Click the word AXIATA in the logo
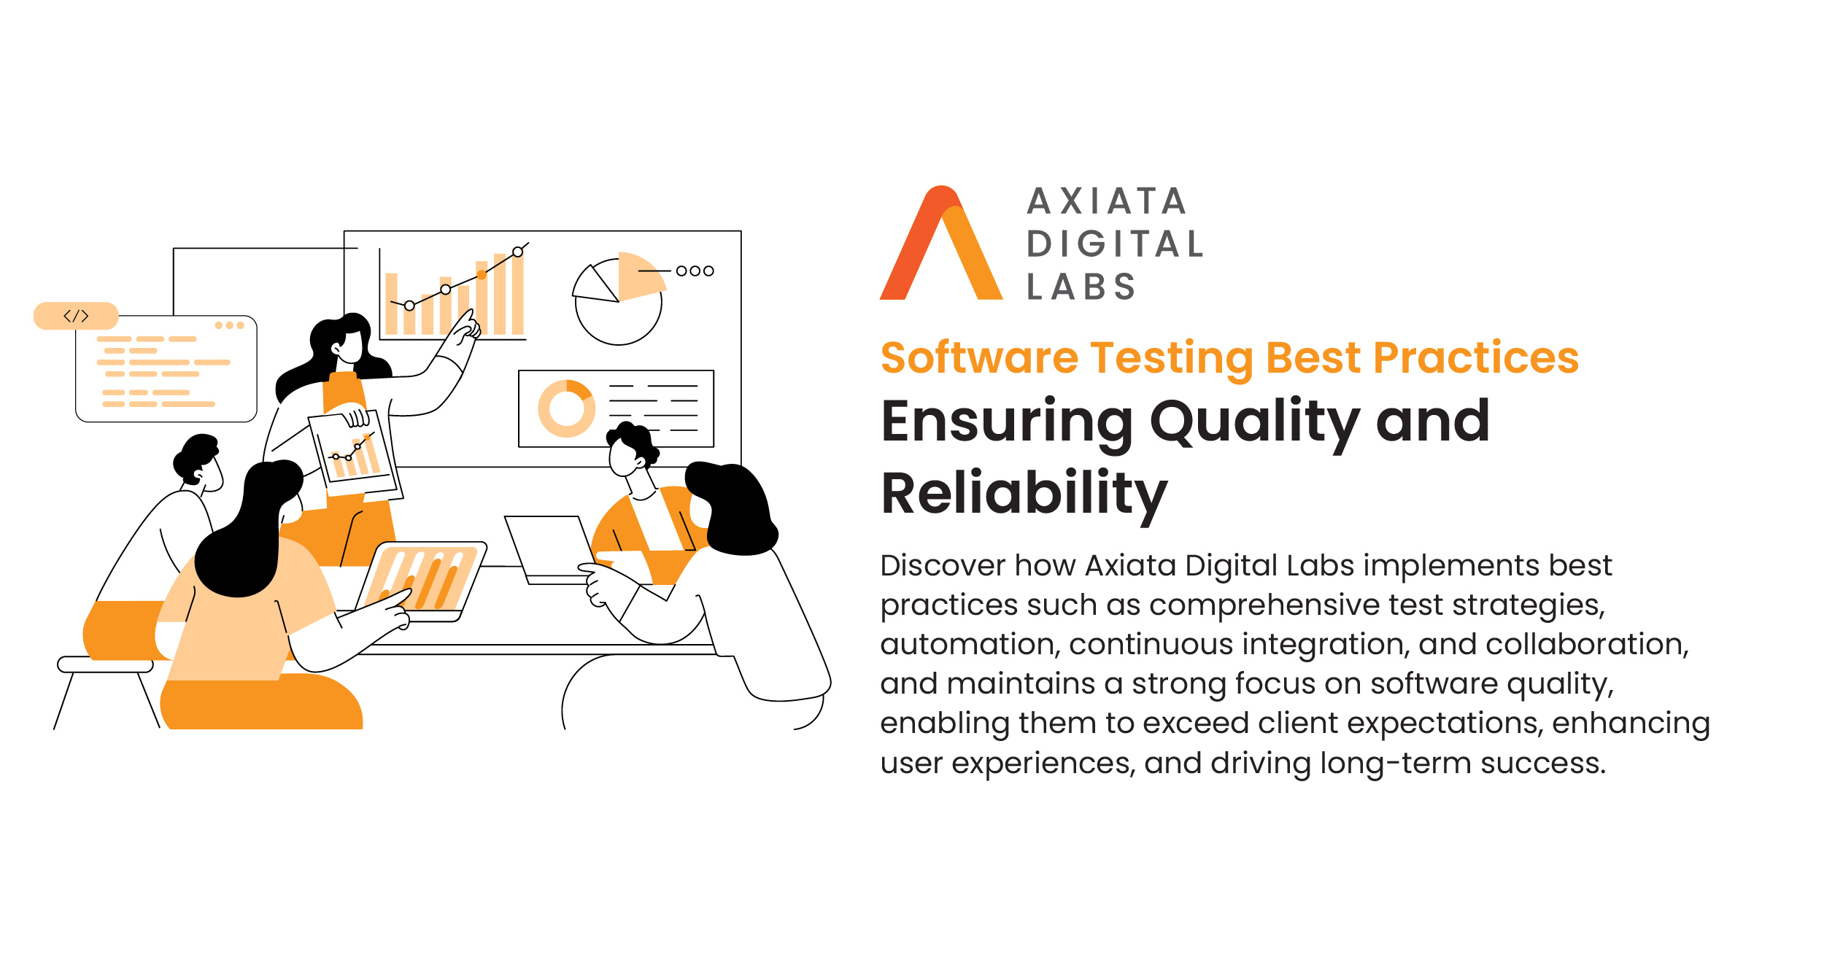(x=1106, y=201)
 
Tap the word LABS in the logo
(x=1081, y=287)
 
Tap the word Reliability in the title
(x=1024, y=495)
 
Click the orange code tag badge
(x=76, y=316)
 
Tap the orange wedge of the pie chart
(x=638, y=274)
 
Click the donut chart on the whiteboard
(x=566, y=408)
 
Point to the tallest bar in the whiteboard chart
(x=517, y=295)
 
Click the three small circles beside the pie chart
(x=695, y=271)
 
